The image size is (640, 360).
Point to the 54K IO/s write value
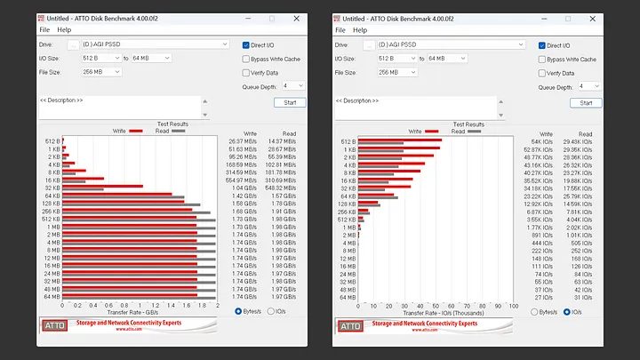(541, 141)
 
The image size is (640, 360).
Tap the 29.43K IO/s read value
(578, 141)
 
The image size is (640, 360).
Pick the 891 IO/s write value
(541, 235)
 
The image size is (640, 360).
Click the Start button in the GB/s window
(289, 102)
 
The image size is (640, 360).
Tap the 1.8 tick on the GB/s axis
(202, 307)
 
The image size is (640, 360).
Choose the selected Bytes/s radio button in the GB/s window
(238, 312)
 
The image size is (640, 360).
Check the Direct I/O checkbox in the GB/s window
(246, 44)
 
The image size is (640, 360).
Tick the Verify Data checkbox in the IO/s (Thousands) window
(542, 73)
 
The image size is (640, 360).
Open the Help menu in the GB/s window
(64, 29)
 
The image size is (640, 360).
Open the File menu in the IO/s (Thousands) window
(340, 29)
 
